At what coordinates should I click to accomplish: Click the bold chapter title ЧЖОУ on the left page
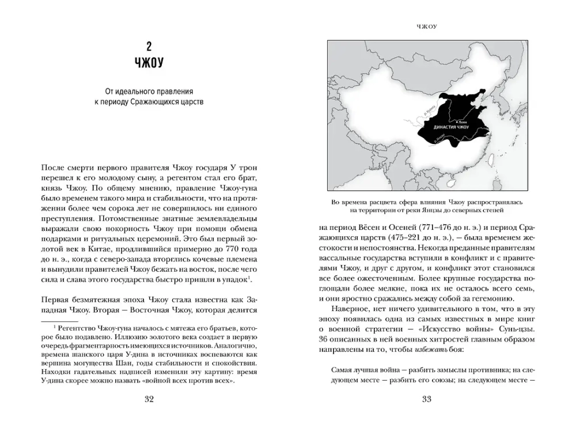click(149, 64)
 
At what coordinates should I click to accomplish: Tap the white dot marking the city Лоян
click(456, 122)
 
